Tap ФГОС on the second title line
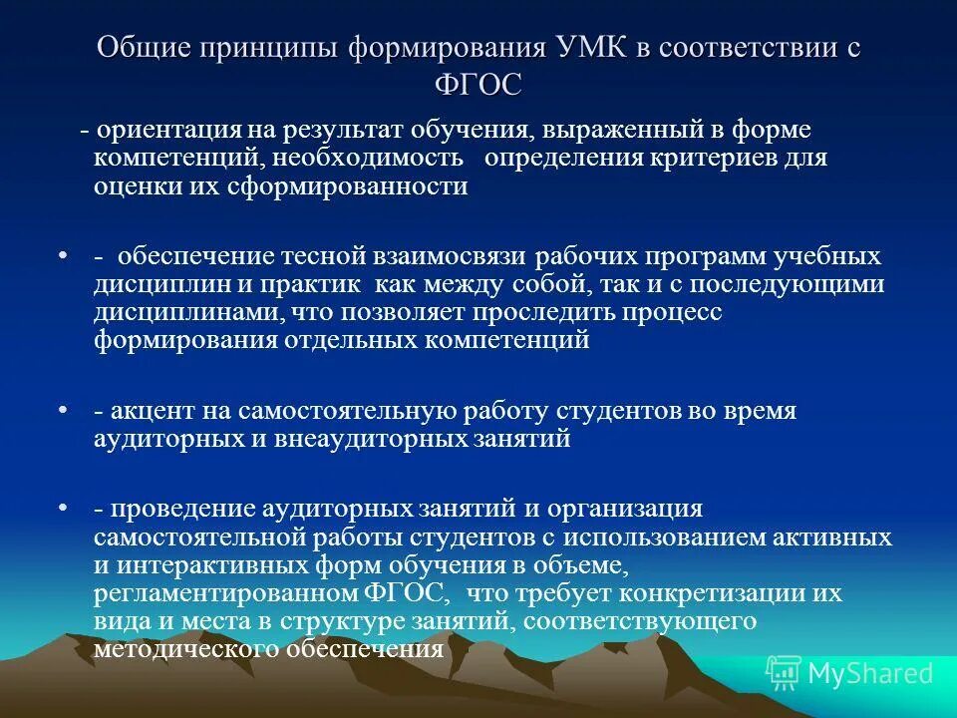(x=478, y=85)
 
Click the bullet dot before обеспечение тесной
(x=63, y=257)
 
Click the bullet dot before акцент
(x=63, y=411)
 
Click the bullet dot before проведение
(x=63, y=509)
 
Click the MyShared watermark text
(x=870, y=674)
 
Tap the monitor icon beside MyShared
(x=784, y=674)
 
